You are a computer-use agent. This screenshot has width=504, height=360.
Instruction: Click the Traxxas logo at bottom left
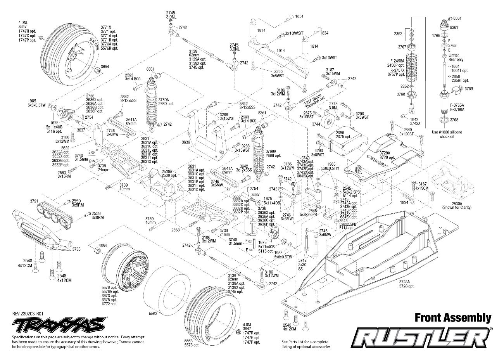(58, 323)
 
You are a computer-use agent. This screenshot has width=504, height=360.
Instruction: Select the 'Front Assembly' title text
(453, 318)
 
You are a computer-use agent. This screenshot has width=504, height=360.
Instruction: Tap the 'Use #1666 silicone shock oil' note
(447, 134)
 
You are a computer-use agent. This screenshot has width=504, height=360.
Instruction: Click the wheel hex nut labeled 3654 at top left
(95, 70)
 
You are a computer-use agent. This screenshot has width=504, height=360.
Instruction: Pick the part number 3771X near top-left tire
(106, 28)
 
